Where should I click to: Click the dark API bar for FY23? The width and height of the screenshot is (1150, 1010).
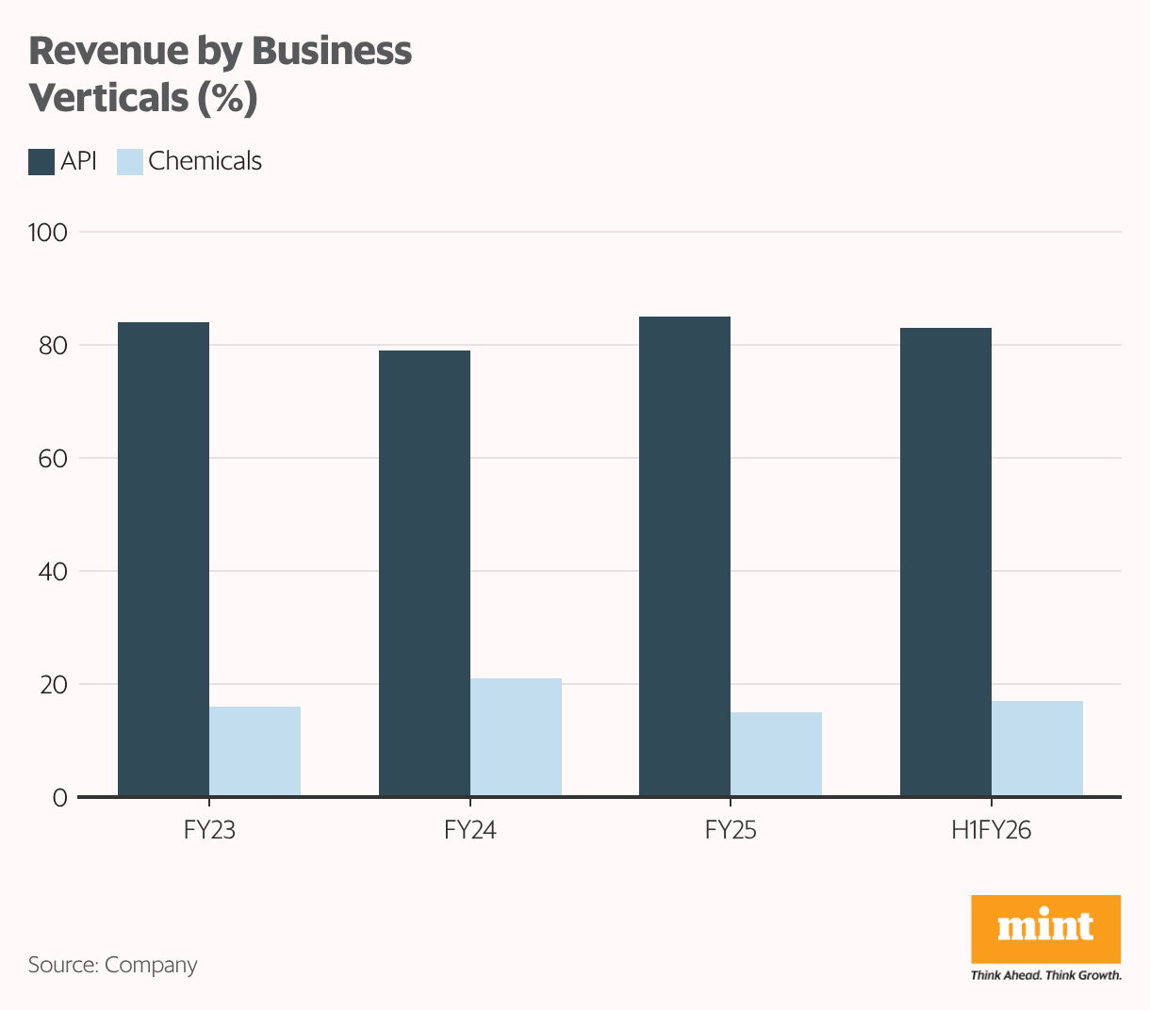click(x=163, y=560)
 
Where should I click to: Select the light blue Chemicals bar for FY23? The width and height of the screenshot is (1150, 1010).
click(x=255, y=751)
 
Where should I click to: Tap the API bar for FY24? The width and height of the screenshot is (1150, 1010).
click(x=424, y=574)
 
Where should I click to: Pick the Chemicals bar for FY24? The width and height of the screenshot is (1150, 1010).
click(x=516, y=737)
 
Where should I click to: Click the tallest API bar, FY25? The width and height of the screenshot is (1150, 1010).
click(x=684, y=557)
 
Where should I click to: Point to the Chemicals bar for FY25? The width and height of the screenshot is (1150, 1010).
click(x=776, y=754)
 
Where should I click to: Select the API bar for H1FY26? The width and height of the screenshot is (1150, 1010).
click(x=945, y=562)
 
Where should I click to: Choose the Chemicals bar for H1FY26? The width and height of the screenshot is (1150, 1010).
click(x=1037, y=748)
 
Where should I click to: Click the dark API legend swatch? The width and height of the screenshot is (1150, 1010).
click(x=41, y=162)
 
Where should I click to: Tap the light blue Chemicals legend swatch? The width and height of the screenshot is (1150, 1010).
click(x=130, y=162)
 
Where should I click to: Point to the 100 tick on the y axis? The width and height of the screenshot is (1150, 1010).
click(x=48, y=232)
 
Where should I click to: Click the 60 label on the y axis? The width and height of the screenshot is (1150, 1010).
click(x=53, y=459)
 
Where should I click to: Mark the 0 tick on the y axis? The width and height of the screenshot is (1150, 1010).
click(x=60, y=798)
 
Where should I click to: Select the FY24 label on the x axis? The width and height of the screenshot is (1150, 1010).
click(x=469, y=831)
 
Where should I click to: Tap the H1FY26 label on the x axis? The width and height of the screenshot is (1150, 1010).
click(x=991, y=831)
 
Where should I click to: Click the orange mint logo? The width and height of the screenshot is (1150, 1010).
click(x=1045, y=928)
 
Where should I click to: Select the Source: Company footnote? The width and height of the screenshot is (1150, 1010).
click(x=113, y=965)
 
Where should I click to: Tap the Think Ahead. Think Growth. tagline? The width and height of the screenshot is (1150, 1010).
click(x=1045, y=975)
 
